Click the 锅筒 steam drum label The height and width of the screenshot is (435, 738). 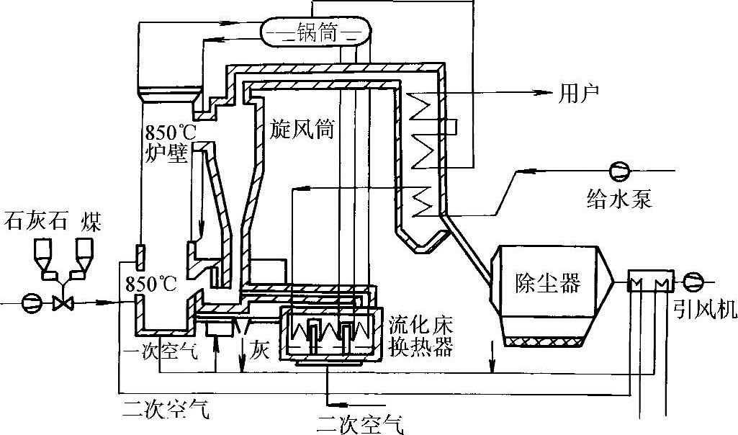click(316, 34)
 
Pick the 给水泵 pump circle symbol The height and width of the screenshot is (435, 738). click(618, 171)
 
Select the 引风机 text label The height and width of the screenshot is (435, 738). click(703, 309)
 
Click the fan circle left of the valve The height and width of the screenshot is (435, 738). click(31, 302)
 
